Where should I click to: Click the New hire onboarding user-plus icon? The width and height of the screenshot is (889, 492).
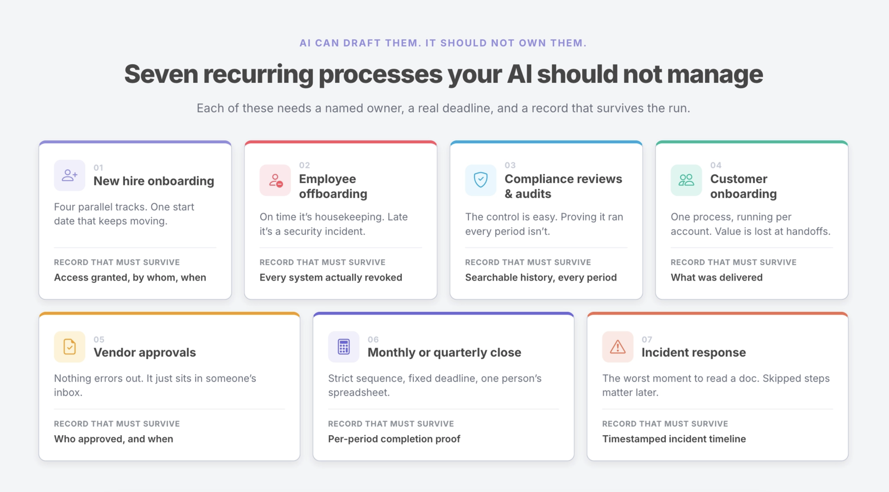click(x=69, y=175)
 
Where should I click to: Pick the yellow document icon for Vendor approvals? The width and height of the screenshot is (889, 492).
click(x=69, y=347)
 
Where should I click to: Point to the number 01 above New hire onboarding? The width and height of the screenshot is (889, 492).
click(x=98, y=167)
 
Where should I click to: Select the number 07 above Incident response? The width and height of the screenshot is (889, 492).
click(x=647, y=339)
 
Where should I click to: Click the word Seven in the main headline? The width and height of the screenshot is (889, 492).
click(x=161, y=74)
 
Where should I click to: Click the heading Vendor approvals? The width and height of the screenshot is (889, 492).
click(x=145, y=352)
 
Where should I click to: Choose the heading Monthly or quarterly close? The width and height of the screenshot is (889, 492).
click(x=444, y=352)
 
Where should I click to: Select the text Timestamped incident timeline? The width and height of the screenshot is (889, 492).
click(x=674, y=438)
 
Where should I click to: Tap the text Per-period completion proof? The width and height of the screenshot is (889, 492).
click(x=394, y=438)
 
